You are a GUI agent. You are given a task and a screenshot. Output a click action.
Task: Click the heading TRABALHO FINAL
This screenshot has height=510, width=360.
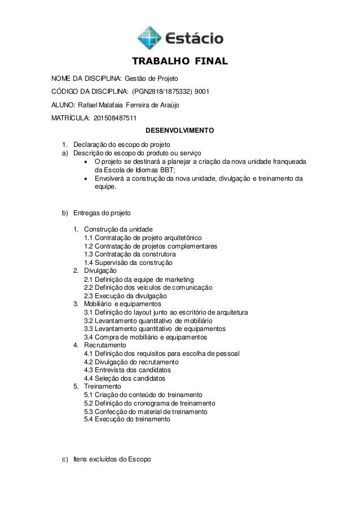[x=179, y=61]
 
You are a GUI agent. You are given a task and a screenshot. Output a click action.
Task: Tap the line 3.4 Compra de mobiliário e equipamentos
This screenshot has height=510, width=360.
[x=145, y=337]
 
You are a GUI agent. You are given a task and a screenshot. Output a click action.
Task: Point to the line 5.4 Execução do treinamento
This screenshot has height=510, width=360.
[x=126, y=420]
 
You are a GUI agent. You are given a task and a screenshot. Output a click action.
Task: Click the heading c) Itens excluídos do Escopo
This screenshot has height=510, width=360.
[x=106, y=460]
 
